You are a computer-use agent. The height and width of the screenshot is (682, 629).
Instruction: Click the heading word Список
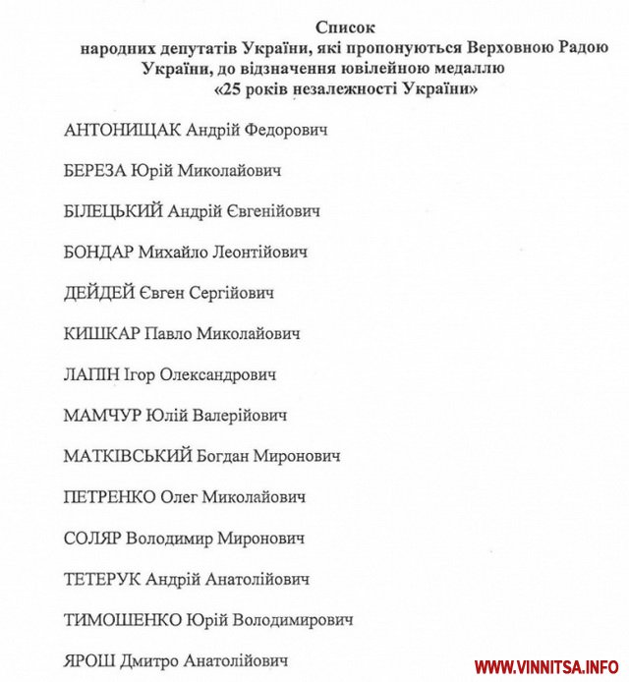346,27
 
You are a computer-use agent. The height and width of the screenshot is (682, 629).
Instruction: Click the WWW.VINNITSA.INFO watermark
551,665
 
